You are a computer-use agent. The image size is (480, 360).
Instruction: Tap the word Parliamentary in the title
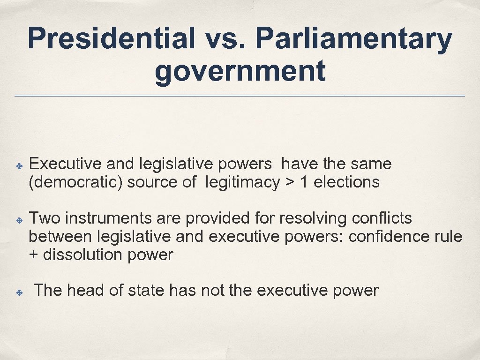tap(354, 39)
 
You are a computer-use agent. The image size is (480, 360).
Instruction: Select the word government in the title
tap(240, 71)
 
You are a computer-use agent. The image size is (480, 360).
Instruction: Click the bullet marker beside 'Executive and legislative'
tap(14, 165)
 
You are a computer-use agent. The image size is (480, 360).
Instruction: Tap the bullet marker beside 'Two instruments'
tap(14, 219)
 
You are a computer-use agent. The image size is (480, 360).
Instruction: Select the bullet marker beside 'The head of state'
tap(14, 291)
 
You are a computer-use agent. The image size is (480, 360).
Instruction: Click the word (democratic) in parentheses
tap(75, 182)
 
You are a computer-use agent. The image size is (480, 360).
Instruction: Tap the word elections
tap(346, 182)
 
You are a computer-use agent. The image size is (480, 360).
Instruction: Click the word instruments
tap(109, 218)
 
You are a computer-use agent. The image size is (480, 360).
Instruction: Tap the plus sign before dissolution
tap(34, 255)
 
